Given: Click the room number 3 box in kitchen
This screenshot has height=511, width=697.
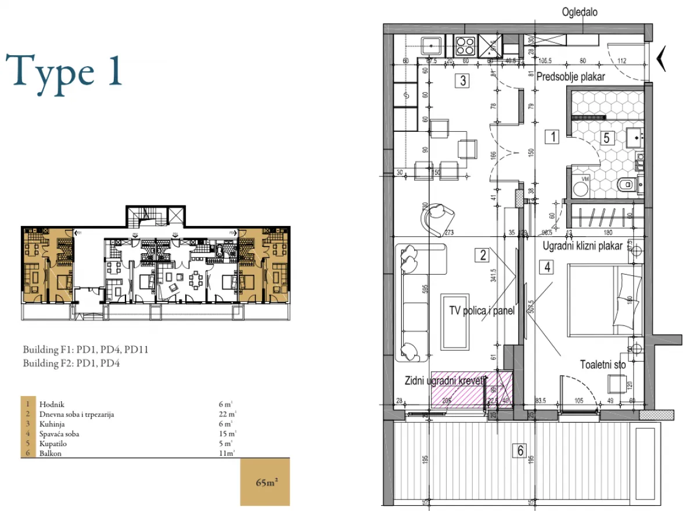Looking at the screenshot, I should pos(462,81).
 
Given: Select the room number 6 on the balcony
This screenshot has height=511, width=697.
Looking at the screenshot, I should pos(520,449).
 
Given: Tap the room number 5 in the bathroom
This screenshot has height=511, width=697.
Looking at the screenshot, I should pos(606,138).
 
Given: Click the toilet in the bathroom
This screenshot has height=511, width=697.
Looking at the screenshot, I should pos(624,185).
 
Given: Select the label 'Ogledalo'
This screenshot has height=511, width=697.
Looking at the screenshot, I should pos(579,12).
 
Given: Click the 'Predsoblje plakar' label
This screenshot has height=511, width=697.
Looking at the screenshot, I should pos(571,77).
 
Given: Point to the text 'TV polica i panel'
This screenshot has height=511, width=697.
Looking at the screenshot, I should pos(482,311).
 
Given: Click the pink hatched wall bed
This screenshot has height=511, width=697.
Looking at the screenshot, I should pos(471,390).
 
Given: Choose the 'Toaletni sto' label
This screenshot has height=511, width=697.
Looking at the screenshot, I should pos(603,365).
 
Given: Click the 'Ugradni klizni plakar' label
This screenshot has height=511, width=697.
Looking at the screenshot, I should pos(583,246).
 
